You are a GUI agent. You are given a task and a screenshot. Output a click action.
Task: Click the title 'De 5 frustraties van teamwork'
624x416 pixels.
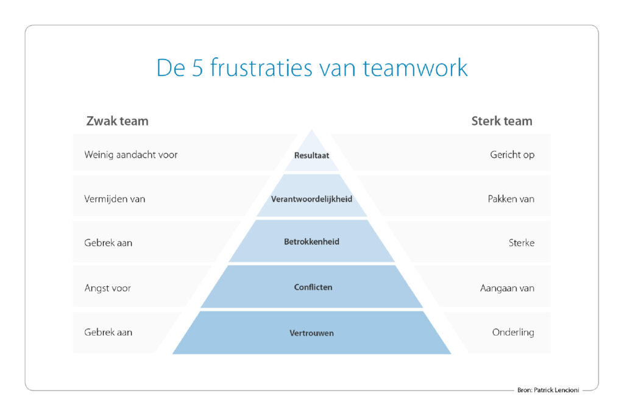[x=312, y=68]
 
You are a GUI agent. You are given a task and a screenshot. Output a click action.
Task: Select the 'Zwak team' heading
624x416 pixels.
[x=118, y=121]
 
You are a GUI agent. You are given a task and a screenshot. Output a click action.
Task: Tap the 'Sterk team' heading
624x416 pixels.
[x=502, y=121]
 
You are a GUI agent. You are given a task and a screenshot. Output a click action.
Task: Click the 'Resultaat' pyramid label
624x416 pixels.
[x=311, y=155]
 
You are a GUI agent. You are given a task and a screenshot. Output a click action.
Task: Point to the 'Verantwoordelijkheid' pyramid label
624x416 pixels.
[x=311, y=199]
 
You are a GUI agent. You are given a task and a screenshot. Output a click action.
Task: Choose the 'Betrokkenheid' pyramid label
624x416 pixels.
[x=311, y=242]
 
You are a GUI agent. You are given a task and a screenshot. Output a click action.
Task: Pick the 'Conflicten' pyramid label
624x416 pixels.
[x=313, y=287]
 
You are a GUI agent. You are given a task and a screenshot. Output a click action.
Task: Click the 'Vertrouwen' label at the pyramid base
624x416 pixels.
[x=311, y=333]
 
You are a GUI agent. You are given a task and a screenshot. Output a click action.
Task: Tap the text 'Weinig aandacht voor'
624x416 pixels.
[x=131, y=155]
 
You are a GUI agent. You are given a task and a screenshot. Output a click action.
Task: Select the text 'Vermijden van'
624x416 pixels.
[x=115, y=199]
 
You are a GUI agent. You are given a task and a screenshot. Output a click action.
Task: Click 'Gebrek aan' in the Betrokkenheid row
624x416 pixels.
[x=108, y=242]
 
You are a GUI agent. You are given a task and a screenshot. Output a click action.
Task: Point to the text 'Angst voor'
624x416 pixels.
[x=107, y=288]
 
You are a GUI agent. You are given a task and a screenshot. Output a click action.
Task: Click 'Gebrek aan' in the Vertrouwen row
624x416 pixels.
[x=108, y=332]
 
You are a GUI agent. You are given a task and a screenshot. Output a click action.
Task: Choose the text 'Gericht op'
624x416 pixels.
[x=512, y=155]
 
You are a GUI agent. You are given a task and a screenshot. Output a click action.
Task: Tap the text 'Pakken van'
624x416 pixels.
[x=511, y=199]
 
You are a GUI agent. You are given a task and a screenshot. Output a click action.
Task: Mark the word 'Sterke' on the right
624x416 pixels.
[x=522, y=242]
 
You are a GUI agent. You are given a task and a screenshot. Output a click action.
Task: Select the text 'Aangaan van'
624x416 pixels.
[x=507, y=288]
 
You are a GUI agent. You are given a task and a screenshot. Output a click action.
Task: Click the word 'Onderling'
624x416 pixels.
[x=513, y=332]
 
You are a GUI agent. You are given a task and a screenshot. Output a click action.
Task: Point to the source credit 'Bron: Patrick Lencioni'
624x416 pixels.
[x=548, y=390]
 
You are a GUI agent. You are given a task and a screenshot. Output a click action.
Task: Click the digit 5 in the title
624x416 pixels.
[x=198, y=68]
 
